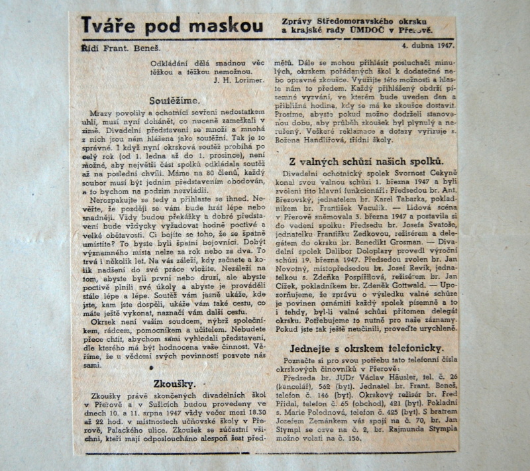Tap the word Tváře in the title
107,26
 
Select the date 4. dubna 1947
427,46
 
